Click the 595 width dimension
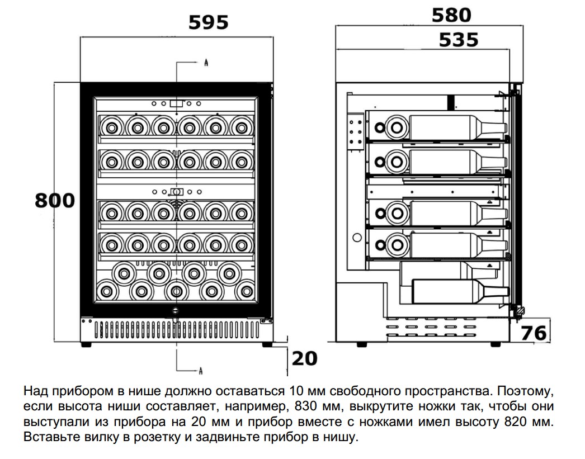pyautogui.click(x=208, y=23)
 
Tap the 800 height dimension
pyautogui.click(x=55, y=201)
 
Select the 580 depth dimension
pyautogui.click(x=451, y=15)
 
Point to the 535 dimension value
pyautogui.click(x=459, y=40)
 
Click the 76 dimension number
pyautogui.click(x=534, y=333)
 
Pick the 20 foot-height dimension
pyautogui.click(x=304, y=358)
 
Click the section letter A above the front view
pyautogui.click(x=206, y=63)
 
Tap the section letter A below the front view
pyautogui.click(x=201, y=371)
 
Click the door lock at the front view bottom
pyautogui.click(x=176, y=310)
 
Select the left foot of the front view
pyautogui.click(x=86, y=344)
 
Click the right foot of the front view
pyautogui.click(x=267, y=344)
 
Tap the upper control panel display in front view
pyautogui.click(x=177, y=103)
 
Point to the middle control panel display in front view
pyautogui.click(x=177, y=192)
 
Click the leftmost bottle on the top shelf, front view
pyautogui.click(x=111, y=128)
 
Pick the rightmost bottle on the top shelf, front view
pyautogui.click(x=242, y=128)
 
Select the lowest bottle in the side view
pyautogui.click(x=460, y=291)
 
